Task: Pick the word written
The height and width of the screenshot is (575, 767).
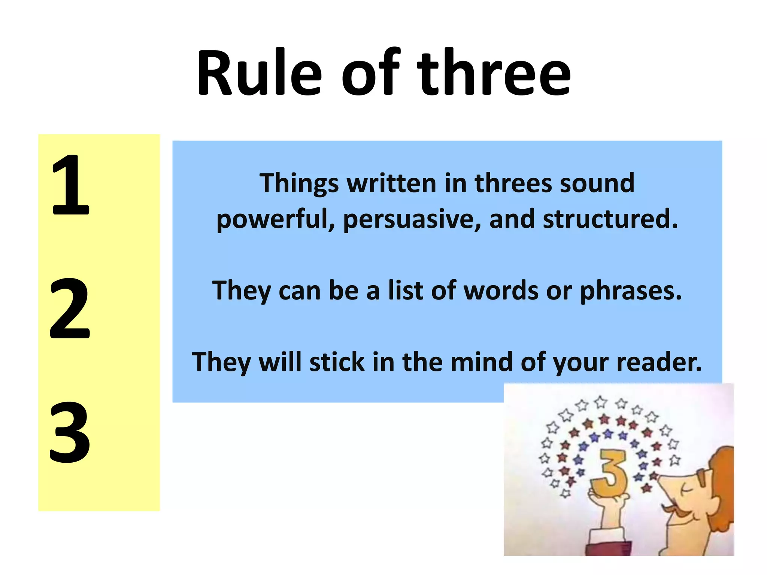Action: coord(391,183)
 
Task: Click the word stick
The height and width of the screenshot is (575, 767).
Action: coord(337,362)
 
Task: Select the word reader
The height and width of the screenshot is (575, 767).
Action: coord(659,362)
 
